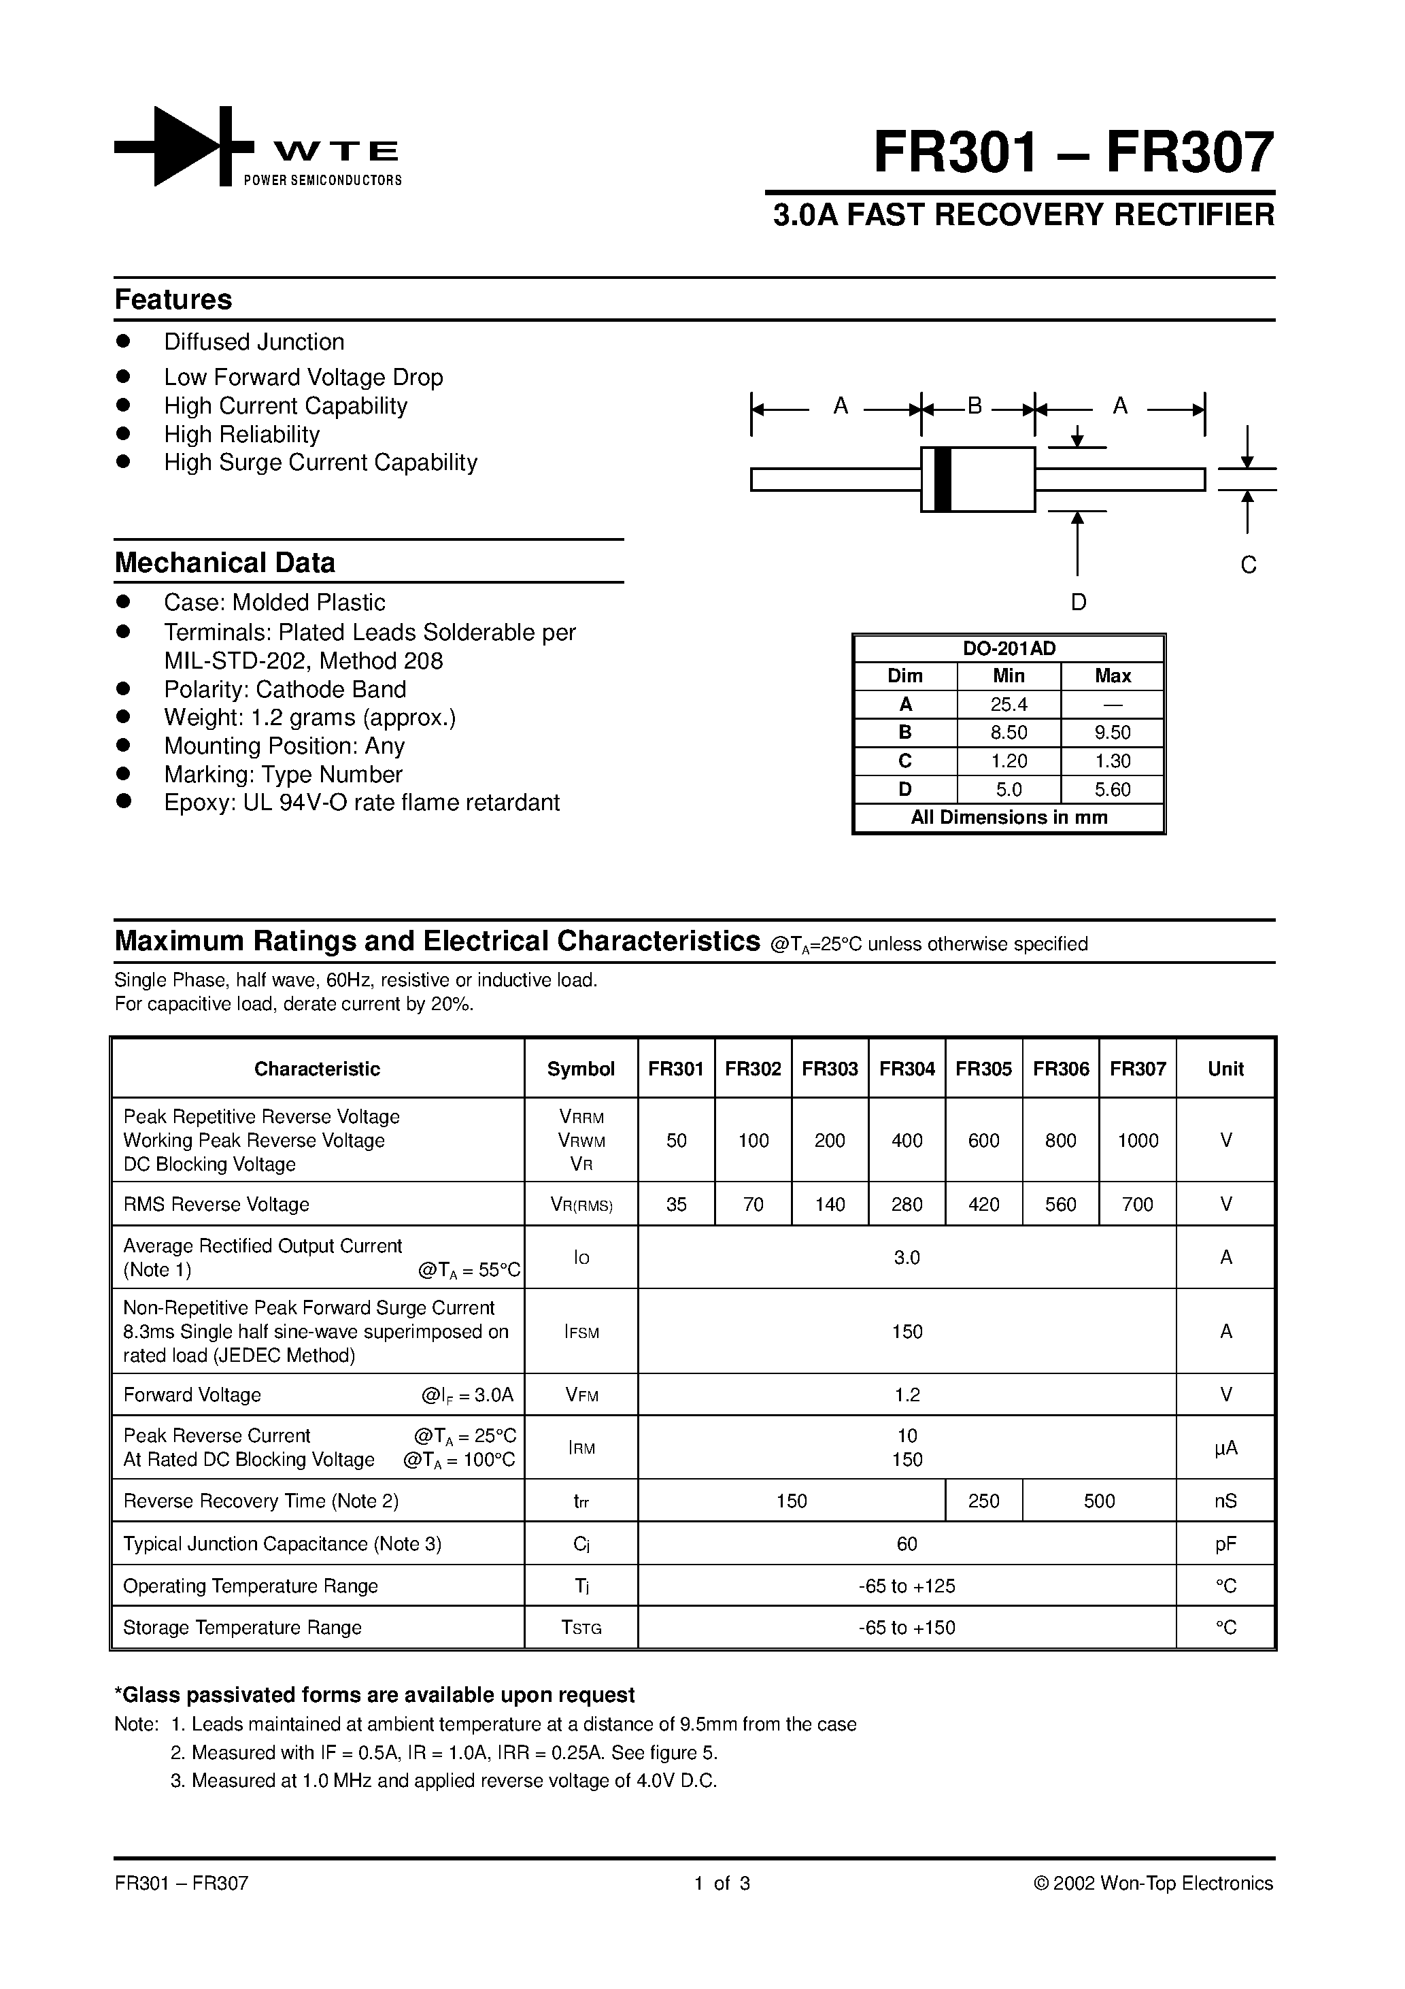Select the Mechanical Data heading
tap(224, 563)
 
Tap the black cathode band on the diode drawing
tap(943, 479)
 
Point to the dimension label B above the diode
tap(975, 405)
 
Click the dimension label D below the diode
tap(1078, 602)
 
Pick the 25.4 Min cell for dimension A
tap(1009, 704)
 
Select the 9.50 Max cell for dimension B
tap(1112, 733)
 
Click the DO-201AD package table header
tap(1009, 648)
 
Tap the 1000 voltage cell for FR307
tap(1137, 1141)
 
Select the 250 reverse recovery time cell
tap(983, 1501)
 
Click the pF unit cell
tap(1225, 1543)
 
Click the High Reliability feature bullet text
tap(241, 434)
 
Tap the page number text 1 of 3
tap(722, 1884)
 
